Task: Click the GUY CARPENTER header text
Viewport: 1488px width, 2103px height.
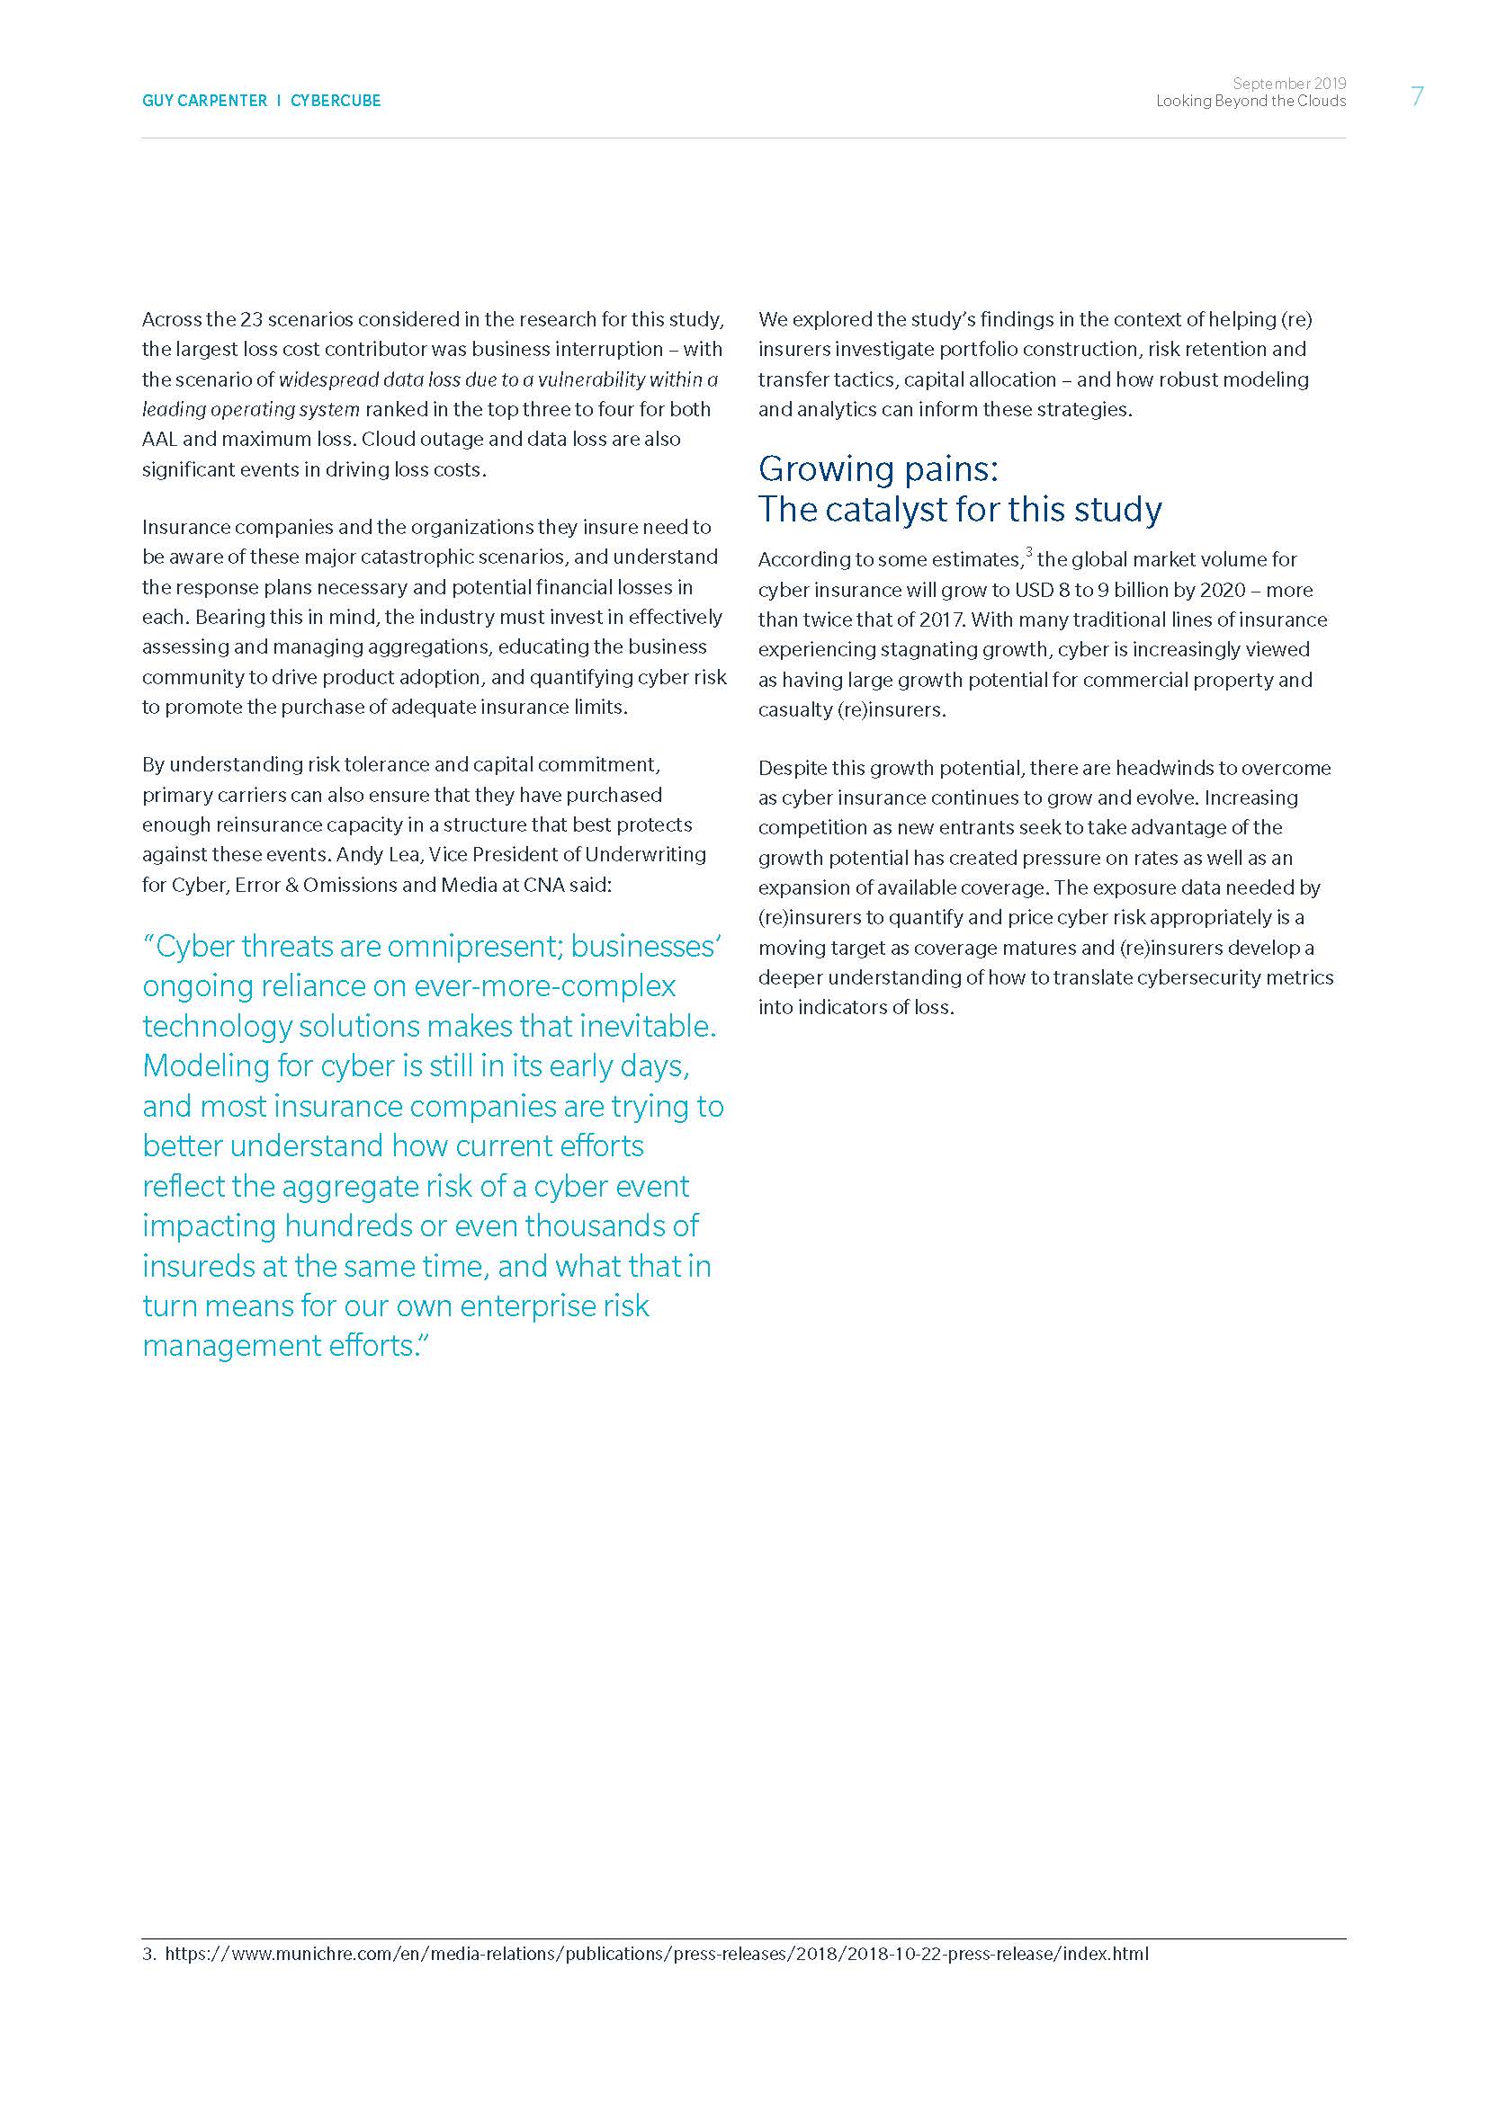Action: (x=204, y=101)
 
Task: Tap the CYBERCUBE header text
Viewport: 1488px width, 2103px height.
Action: (x=336, y=101)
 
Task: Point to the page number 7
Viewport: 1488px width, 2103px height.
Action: (x=1418, y=96)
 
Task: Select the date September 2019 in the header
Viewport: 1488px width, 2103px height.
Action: (x=1289, y=84)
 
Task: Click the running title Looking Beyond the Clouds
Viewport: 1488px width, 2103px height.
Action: (x=1250, y=101)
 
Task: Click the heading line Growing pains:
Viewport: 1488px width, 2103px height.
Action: (x=878, y=469)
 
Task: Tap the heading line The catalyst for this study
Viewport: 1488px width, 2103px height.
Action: (x=959, y=509)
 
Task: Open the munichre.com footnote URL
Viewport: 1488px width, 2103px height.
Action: (x=656, y=1954)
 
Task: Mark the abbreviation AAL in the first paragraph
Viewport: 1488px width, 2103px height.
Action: (x=160, y=440)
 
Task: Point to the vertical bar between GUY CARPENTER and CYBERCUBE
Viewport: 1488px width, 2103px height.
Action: (x=279, y=101)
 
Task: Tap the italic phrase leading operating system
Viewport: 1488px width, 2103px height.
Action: (x=250, y=409)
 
